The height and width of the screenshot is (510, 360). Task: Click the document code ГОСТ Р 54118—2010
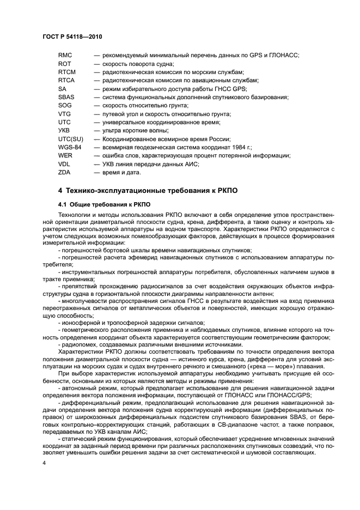point(72,37)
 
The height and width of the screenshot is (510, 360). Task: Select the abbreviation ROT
point(65,64)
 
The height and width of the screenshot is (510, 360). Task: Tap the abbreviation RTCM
point(66,72)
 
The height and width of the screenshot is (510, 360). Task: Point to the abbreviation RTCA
point(66,81)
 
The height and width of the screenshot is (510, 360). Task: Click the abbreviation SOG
point(65,105)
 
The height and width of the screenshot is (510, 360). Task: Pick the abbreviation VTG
point(64,114)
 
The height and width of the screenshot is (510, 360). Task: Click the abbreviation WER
point(65,156)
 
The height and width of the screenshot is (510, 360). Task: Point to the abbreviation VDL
point(64,164)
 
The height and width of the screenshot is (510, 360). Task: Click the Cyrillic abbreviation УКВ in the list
point(64,131)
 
